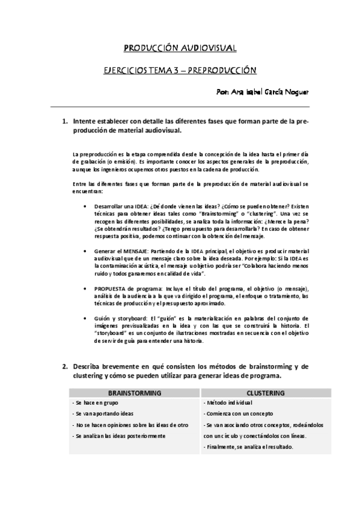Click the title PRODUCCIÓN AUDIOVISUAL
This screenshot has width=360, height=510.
180,48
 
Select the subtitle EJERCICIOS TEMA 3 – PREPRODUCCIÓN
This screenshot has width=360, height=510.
180,70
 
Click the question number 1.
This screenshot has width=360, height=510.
65,121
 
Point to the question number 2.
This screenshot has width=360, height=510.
65,366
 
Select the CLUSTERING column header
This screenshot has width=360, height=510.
265,392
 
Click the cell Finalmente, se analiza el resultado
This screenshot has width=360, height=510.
248,447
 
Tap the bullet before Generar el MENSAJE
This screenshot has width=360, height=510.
88,250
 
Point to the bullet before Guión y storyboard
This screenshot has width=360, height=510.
88,318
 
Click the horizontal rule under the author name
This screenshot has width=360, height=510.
180,107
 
